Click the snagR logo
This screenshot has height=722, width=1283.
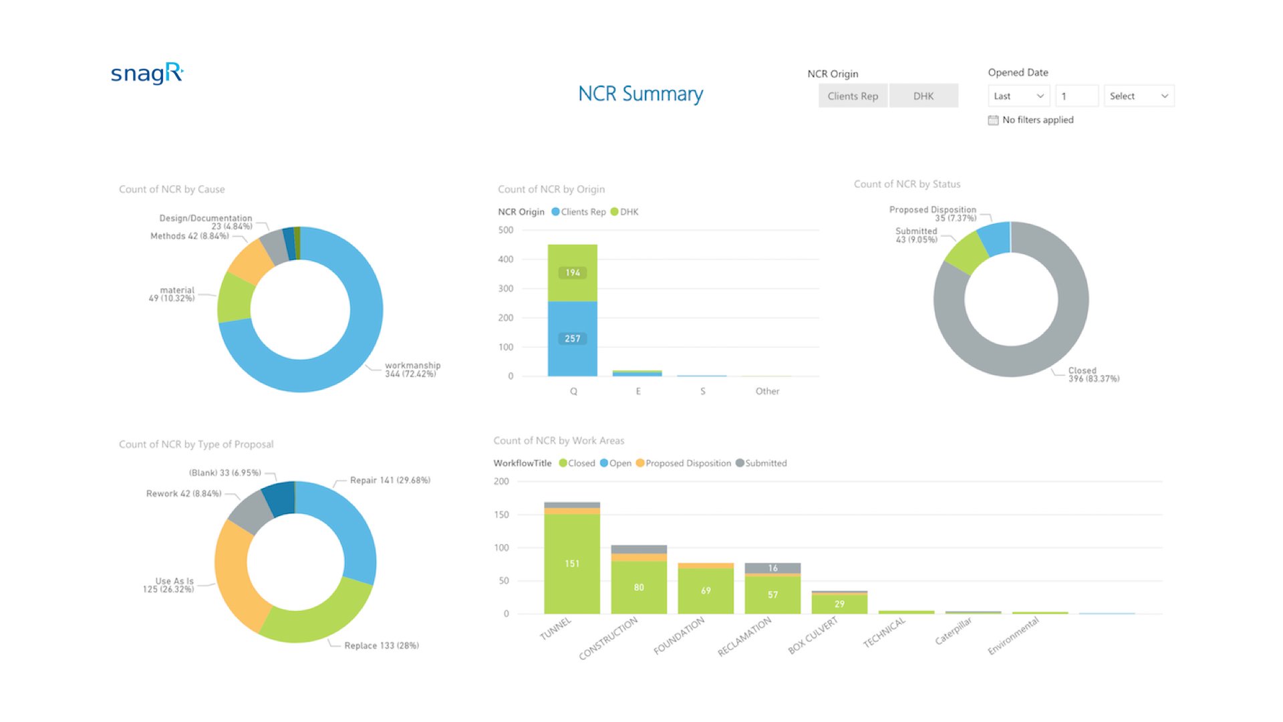pos(147,73)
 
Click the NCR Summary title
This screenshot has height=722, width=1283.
pos(640,94)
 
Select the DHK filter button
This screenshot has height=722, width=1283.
pos(923,96)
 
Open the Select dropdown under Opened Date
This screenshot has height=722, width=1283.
pos(1139,96)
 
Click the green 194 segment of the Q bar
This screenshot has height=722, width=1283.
pos(573,273)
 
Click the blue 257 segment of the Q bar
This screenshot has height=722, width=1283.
pos(573,339)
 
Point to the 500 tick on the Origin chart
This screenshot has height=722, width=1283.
pos(506,230)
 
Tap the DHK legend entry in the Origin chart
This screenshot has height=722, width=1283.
pos(625,212)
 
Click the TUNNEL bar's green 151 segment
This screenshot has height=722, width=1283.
pos(572,564)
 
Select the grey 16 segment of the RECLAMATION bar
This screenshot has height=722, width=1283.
pos(772,568)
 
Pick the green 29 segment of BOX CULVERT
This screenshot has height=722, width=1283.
pos(839,604)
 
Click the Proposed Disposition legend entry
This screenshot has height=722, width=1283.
pos(684,463)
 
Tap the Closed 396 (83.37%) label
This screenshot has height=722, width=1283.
pos(1093,374)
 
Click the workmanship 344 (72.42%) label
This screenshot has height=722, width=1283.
pos(412,369)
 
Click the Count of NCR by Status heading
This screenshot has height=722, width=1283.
pos(907,184)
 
